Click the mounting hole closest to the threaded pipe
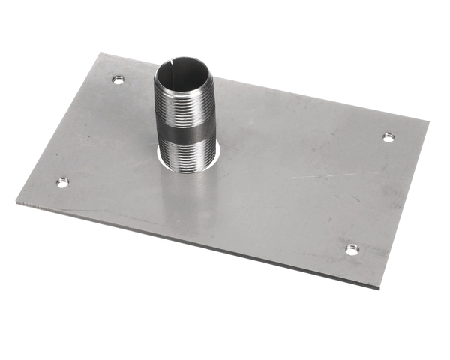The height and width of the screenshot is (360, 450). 117,79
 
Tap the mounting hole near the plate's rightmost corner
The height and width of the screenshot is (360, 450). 388,137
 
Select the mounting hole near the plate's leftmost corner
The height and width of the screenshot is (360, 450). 62,182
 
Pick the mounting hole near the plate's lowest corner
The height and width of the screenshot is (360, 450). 352,249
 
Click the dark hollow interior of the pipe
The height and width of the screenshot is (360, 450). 184,75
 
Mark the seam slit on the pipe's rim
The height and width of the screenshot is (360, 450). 174,64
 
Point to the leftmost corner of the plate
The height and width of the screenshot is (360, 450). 16,200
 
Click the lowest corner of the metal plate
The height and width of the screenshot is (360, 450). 380,288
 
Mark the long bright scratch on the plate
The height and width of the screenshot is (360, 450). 322,176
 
